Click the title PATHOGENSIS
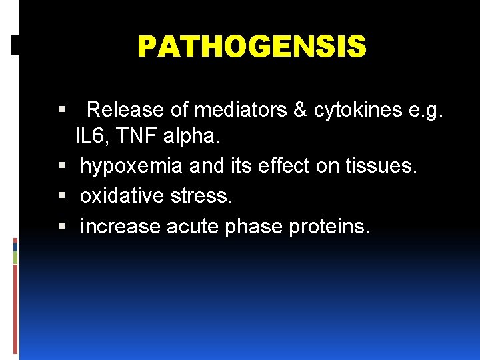(251, 47)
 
